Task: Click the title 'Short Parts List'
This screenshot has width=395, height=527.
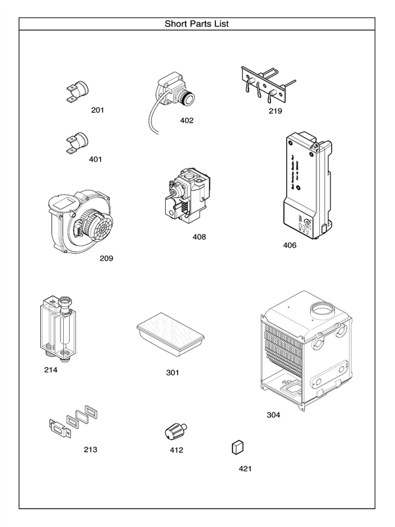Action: coord(197,24)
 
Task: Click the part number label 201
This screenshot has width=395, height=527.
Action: coord(97,109)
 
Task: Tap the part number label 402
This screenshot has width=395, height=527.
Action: coord(187,121)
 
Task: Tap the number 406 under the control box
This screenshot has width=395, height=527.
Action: coord(290,246)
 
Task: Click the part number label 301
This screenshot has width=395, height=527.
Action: coord(172,373)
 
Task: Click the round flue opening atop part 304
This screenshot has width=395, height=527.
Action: coord(324,310)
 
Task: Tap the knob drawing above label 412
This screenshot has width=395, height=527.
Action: coord(176,432)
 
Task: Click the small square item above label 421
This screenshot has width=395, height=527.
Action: coord(238,448)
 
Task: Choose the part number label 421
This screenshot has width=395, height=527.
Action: coord(245,469)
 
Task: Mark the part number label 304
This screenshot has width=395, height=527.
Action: coord(273,415)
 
